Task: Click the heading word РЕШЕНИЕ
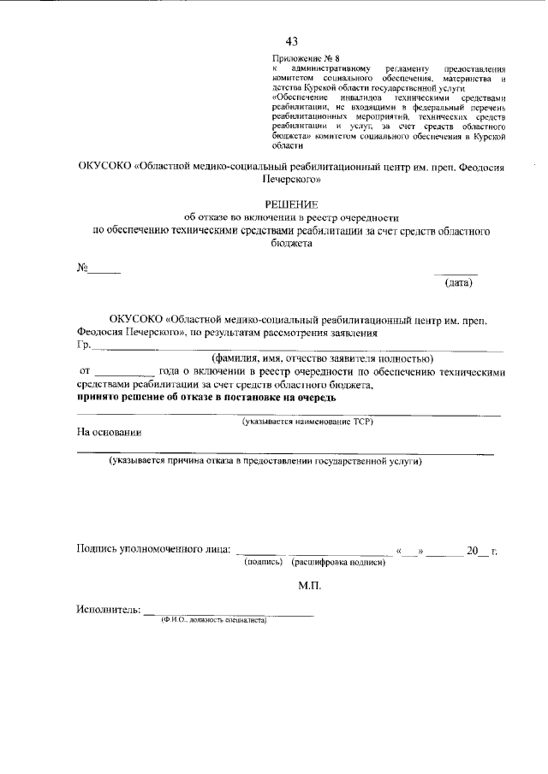291,204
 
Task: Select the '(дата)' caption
457,282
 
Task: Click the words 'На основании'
110,433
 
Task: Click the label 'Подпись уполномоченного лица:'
152,550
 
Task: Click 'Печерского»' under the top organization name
291,180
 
